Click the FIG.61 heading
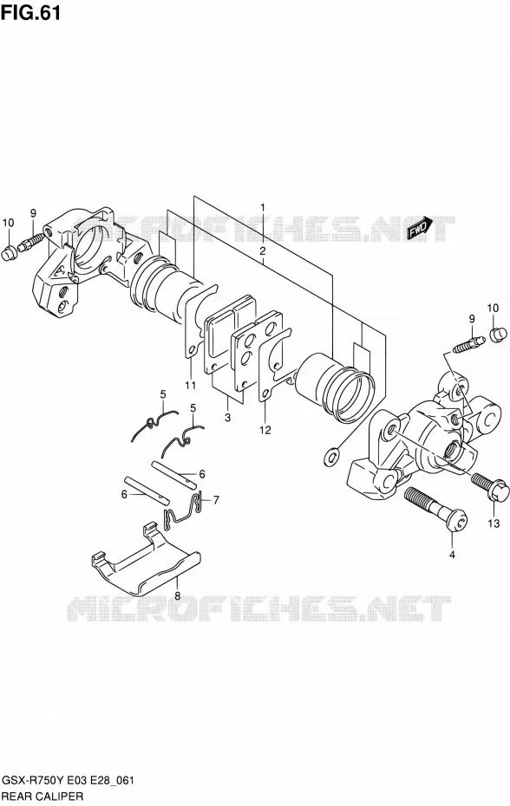(x=31, y=12)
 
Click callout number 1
(x=263, y=208)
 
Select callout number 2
(x=263, y=251)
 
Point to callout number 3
(x=227, y=418)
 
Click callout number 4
(x=453, y=555)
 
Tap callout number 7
(x=216, y=499)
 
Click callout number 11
(x=191, y=386)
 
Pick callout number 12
(x=265, y=430)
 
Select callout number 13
(x=494, y=523)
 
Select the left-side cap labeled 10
(x=9, y=253)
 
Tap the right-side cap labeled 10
(x=495, y=335)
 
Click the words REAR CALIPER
(x=42, y=796)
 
